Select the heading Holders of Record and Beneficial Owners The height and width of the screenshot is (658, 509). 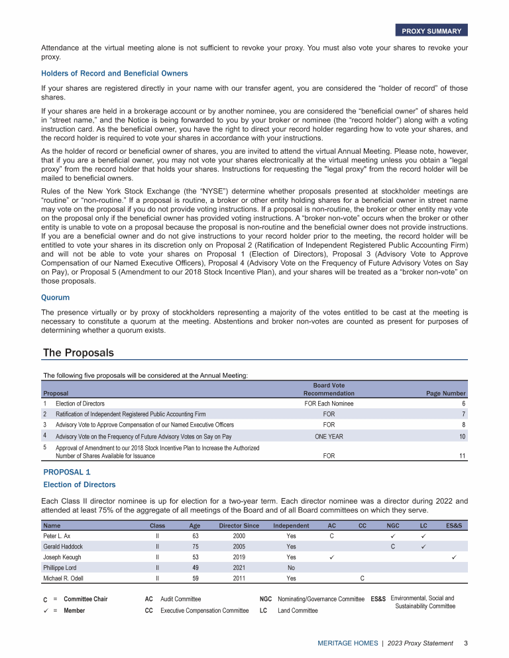click(x=114, y=74)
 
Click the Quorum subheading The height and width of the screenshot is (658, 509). click(x=55, y=298)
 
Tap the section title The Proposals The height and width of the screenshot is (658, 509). click(x=78, y=353)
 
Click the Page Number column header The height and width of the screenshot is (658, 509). click(x=445, y=394)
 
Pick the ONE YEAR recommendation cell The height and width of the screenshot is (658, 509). click(x=329, y=436)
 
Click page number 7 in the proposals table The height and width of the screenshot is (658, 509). click(x=463, y=413)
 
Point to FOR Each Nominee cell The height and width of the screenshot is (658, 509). click(x=329, y=404)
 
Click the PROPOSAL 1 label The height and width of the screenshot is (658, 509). click(x=66, y=472)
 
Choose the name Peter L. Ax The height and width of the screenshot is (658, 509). click(x=57, y=535)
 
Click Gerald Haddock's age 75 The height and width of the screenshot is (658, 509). click(x=195, y=547)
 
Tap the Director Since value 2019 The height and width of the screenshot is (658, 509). click(x=239, y=557)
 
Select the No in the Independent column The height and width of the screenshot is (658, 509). click(x=291, y=568)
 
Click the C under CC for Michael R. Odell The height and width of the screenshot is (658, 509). click(x=362, y=578)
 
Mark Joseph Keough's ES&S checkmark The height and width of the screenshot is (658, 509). click(x=454, y=557)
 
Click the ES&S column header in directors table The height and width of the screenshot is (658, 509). click(x=454, y=525)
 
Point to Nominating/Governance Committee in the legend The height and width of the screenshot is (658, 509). click(x=321, y=599)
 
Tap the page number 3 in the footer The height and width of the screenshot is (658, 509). click(x=466, y=643)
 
